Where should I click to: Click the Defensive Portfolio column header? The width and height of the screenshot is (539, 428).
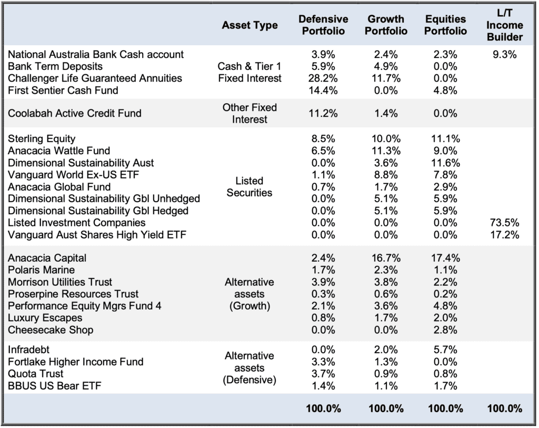(x=323, y=25)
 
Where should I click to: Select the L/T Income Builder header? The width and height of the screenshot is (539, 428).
(x=505, y=25)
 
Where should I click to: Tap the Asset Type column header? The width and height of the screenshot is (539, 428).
(x=249, y=25)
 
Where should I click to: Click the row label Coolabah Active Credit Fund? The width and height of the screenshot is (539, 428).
(x=75, y=113)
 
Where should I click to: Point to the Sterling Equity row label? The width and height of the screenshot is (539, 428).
(x=42, y=138)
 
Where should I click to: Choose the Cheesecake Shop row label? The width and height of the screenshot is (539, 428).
(x=51, y=330)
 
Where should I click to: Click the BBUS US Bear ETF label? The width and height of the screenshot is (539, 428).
(x=55, y=386)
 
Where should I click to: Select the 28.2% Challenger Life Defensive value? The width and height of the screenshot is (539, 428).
(x=323, y=78)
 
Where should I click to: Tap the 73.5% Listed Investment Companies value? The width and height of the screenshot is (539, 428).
(x=505, y=223)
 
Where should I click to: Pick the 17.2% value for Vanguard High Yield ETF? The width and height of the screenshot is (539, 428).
(x=505, y=235)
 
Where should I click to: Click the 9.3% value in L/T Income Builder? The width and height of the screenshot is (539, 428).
(x=505, y=54)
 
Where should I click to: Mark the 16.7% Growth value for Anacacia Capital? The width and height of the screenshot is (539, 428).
(x=386, y=258)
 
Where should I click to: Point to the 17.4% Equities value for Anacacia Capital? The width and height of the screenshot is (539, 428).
(x=445, y=258)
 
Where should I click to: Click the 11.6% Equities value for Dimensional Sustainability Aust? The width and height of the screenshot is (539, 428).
(x=445, y=163)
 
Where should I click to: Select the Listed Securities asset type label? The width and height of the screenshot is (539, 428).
(x=249, y=187)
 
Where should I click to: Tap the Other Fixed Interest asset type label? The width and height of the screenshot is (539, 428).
(x=249, y=113)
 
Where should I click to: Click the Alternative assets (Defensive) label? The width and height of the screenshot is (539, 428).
(x=249, y=368)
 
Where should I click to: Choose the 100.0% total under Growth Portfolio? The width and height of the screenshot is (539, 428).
(x=386, y=409)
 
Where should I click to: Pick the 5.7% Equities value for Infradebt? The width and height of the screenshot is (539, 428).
(x=445, y=350)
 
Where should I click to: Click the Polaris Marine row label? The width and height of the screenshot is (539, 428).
(x=41, y=270)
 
